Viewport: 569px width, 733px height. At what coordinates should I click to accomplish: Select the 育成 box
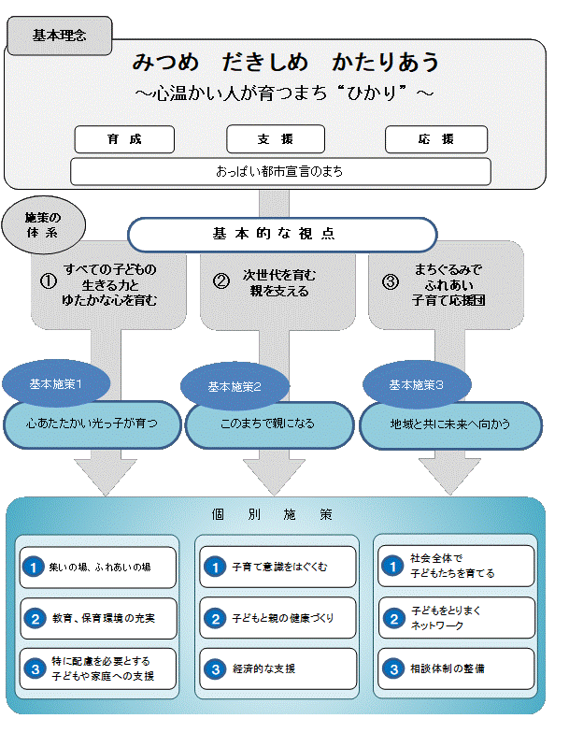pyautogui.click(x=124, y=139)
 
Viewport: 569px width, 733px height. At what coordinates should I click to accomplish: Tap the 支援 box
pyautogui.click(x=276, y=139)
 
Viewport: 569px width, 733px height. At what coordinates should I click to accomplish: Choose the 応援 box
pyautogui.click(x=435, y=139)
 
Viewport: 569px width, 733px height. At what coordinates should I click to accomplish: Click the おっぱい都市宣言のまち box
pyautogui.click(x=280, y=172)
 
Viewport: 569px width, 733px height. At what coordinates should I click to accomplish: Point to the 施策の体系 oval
pyautogui.click(x=44, y=224)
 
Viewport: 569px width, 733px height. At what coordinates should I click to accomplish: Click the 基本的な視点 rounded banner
pyautogui.click(x=282, y=235)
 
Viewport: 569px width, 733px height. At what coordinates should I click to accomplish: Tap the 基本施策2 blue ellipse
pyautogui.click(x=235, y=385)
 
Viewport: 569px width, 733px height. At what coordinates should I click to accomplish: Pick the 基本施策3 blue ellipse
pyautogui.click(x=416, y=383)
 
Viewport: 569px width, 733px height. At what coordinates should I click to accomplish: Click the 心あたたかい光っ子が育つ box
pyautogui.click(x=92, y=424)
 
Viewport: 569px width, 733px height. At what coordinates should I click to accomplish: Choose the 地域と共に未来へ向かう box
pyautogui.click(x=450, y=424)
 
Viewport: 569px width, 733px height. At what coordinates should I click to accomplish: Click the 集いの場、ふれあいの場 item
pyautogui.click(x=98, y=567)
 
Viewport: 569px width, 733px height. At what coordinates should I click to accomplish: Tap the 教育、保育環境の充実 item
pyautogui.click(x=98, y=618)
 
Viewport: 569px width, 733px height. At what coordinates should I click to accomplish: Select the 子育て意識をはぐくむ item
pyautogui.click(x=278, y=567)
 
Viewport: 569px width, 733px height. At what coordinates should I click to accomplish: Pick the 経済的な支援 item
pyautogui.click(x=278, y=669)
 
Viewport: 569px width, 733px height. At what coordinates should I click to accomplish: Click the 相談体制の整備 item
pyautogui.click(x=457, y=669)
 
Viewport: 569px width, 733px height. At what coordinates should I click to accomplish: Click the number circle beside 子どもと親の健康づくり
pyautogui.click(x=215, y=618)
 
